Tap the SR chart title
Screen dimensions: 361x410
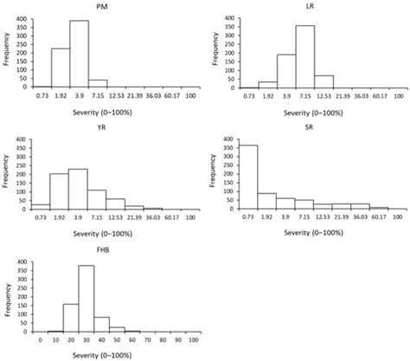[x=310, y=128]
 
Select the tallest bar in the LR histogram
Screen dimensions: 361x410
[x=304, y=56]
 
